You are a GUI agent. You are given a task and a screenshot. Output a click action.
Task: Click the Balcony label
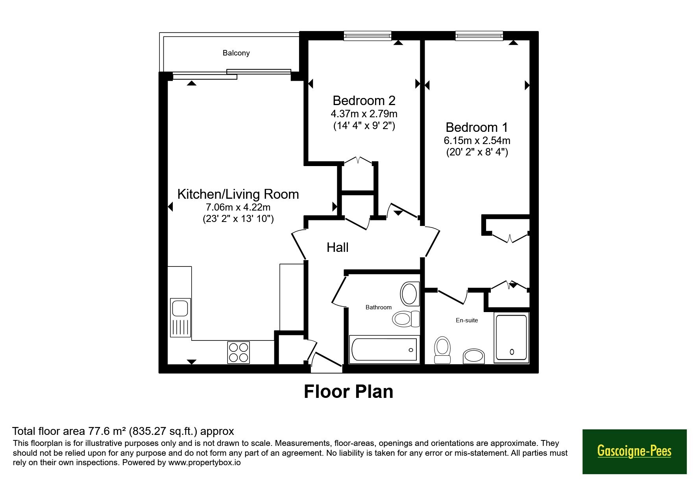click(x=236, y=53)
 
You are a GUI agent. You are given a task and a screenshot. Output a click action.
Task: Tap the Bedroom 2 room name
click(x=364, y=100)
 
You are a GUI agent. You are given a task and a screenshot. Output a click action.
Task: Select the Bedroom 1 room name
click(x=477, y=127)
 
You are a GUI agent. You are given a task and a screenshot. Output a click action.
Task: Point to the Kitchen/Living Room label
click(x=238, y=194)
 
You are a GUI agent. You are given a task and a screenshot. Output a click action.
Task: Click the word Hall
click(x=338, y=247)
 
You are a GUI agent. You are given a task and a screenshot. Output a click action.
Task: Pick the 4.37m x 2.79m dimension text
click(x=364, y=114)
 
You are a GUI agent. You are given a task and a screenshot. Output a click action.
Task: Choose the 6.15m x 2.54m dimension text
click(x=477, y=140)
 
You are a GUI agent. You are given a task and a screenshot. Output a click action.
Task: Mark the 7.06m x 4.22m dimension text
click(x=238, y=207)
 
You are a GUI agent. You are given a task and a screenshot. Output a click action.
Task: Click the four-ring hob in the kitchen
click(x=238, y=352)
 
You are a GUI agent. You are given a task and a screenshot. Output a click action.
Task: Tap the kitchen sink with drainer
click(x=181, y=318)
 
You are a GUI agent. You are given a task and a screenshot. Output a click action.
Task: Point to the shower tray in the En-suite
click(x=511, y=338)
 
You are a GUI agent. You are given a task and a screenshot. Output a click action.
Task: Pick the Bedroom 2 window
click(x=368, y=36)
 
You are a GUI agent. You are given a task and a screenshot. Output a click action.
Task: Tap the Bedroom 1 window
click(x=479, y=36)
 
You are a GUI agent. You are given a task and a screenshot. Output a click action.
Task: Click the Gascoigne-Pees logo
click(x=634, y=451)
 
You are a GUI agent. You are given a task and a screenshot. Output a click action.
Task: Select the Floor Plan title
click(x=349, y=392)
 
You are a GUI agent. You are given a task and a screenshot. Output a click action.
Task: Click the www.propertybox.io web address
click(x=204, y=462)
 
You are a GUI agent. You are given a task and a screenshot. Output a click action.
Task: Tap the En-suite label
click(x=467, y=320)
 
